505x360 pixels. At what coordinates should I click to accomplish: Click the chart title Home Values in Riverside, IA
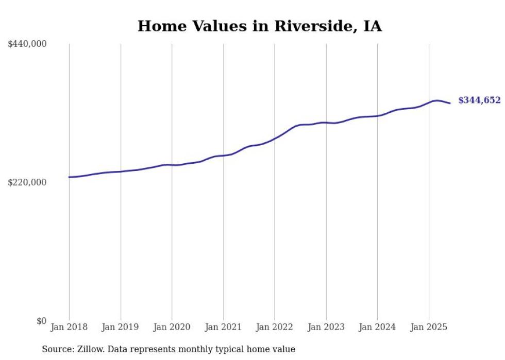coord(259,26)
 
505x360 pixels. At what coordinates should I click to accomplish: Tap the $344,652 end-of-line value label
coord(479,100)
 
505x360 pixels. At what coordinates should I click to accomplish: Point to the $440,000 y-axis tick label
coord(27,44)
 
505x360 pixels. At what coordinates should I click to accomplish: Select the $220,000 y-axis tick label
coord(27,182)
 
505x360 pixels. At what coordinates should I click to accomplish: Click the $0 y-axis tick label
coord(41,321)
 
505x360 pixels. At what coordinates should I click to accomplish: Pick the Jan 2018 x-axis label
coord(69,327)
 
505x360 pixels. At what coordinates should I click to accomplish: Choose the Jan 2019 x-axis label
coord(121,327)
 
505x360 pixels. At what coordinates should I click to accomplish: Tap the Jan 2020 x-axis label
coord(172,327)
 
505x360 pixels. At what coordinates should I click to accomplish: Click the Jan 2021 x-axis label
coord(223,327)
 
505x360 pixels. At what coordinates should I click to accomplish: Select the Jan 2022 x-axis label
coord(275,327)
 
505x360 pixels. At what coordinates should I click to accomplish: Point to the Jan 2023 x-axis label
coord(326,327)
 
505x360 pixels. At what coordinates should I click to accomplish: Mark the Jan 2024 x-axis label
coord(377,327)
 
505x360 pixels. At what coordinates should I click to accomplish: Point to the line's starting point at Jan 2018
coord(69,177)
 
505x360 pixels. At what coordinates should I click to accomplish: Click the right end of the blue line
coord(450,104)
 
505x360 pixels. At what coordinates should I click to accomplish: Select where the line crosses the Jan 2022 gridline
coord(275,138)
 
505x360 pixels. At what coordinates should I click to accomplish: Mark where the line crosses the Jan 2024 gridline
coord(377,116)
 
